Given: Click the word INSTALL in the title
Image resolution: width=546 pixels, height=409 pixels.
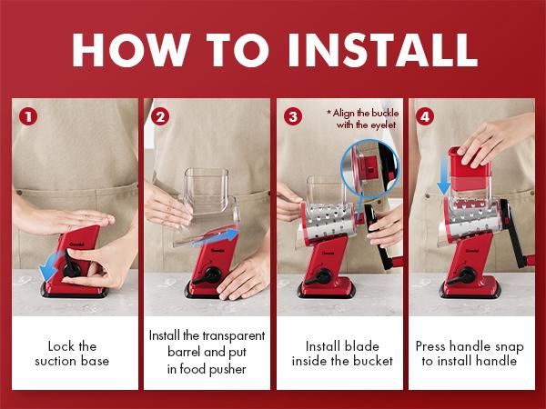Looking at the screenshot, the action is (383, 50).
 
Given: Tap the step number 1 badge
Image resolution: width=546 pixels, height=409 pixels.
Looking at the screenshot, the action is (28, 117).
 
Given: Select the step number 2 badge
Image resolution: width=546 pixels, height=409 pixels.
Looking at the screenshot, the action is (160, 117).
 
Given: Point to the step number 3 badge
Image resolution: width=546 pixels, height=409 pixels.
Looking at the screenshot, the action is (293, 117).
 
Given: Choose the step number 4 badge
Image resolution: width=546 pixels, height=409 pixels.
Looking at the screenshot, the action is (425, 117).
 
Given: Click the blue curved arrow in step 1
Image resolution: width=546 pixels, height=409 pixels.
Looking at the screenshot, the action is (50, 267).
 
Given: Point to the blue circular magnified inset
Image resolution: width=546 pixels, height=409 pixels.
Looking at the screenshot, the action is (369, 169).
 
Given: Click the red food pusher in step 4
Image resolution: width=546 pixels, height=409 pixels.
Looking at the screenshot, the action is (469, 169).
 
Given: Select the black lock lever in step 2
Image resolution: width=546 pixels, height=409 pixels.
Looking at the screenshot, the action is (207, 275).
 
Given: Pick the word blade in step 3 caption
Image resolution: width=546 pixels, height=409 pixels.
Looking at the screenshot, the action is (361, 346).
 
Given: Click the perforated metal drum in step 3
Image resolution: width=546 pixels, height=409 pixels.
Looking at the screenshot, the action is (328, 222).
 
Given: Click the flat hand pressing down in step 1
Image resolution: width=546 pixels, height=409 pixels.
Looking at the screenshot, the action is (63, 220).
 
